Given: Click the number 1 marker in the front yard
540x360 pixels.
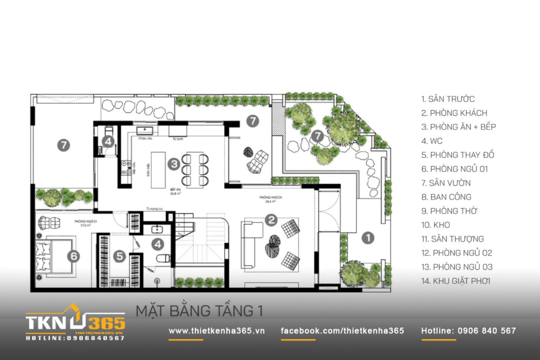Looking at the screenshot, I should [x=368, y=238].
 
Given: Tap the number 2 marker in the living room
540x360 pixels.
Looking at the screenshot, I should [x=271, y=220].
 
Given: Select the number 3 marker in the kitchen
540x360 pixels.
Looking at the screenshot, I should [x=174, y=164].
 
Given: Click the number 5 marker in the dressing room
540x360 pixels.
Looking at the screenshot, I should [x=119, y=256].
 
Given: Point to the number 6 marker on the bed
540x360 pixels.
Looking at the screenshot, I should [x=74, y=256].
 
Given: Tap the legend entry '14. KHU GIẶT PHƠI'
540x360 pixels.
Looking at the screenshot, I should [x=455, y=281].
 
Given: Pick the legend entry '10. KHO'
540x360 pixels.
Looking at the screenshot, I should [x=435, y=225].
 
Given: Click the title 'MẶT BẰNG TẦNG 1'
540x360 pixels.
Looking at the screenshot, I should [x=199, y=311].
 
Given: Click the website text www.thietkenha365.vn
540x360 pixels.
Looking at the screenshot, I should [x=216, y=331].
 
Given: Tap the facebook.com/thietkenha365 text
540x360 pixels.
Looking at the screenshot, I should [x=342, y=331].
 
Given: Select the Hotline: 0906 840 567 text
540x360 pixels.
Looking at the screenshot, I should [x=468, y=331].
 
